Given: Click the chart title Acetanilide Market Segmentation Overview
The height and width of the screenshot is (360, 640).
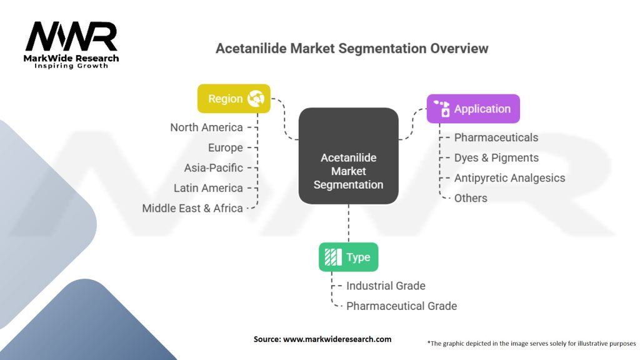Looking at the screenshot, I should [352, 48].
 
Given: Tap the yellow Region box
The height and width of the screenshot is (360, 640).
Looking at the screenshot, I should [234, 99].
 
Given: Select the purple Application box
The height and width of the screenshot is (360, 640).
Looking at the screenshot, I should [473, 109].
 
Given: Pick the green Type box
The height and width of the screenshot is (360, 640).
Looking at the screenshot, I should [348, 257].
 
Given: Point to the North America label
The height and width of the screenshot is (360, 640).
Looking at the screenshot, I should [206, 127].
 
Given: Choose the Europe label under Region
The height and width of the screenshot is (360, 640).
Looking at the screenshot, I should [225, 148].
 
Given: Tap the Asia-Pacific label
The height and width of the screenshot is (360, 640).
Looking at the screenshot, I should [213, 168].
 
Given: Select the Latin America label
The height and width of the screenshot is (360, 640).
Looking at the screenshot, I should [208, 188].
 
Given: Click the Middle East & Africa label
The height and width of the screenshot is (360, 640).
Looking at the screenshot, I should [192, 209].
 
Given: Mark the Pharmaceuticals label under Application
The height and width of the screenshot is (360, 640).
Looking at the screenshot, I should [496, 137].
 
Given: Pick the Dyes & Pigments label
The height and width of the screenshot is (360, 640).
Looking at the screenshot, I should [496, 157].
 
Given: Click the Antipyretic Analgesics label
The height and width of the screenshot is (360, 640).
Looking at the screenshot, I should [509, 178].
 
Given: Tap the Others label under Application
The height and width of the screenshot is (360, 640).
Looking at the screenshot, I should [471, 198].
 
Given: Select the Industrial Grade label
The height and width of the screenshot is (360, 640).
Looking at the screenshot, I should [386, 286].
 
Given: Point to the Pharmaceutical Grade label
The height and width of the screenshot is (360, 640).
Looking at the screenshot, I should [401, 306].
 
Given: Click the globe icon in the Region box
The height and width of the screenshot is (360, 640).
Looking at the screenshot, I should [255, 99].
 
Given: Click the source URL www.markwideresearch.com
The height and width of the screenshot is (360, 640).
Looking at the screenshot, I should [337, 339].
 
